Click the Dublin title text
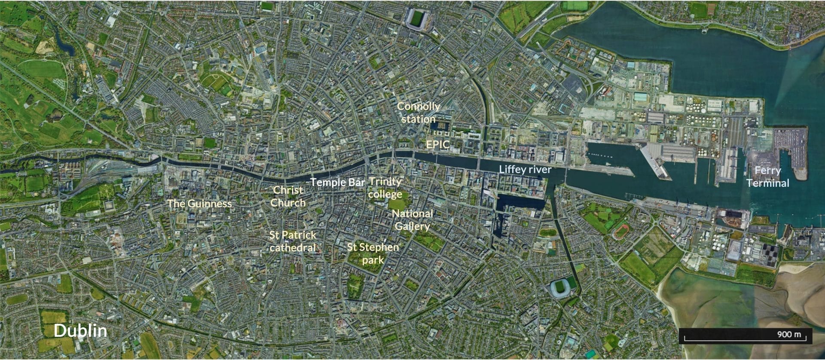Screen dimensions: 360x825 point(80,330)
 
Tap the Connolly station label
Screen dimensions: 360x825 point(418,112)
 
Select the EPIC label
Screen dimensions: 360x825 point(437,144)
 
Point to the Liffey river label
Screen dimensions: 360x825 point(525,169)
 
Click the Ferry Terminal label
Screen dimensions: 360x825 point(768,177)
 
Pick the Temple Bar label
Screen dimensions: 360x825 point(338,182)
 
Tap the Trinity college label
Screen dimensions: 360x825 point(385,188)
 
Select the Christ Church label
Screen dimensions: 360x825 point(288,196)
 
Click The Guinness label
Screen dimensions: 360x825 point(199,203)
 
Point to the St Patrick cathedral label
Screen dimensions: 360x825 point(293,241)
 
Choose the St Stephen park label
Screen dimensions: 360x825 point(373,253)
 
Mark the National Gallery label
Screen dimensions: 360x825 point(412,220)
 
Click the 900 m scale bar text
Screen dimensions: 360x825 point(789,334)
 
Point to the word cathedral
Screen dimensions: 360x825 point(293,248)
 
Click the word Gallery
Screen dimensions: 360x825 point(412,226)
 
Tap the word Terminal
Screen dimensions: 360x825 point(768,183)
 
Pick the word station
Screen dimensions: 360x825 point(418,119)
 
